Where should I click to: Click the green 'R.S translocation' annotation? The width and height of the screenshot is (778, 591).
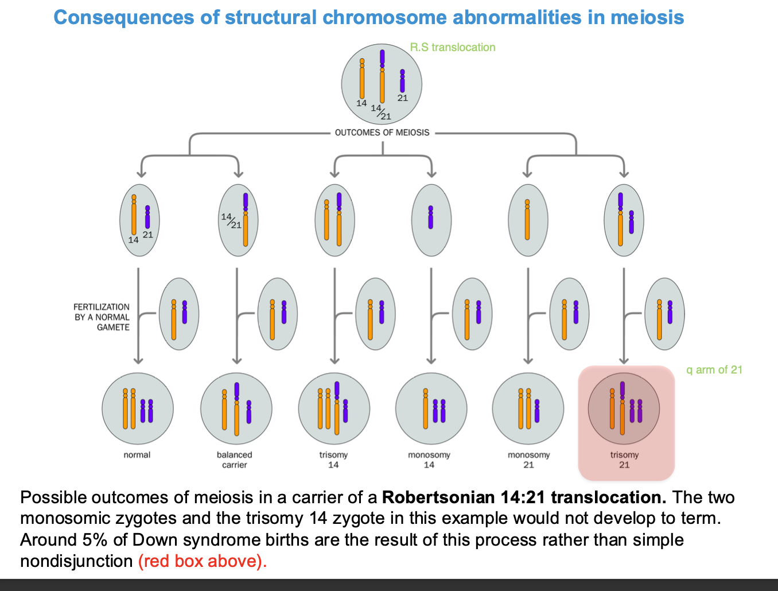click(452, 48)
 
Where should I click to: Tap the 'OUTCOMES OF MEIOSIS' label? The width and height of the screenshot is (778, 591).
click(382, 133)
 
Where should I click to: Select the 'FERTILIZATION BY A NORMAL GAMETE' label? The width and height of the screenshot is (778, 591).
click(102, 317)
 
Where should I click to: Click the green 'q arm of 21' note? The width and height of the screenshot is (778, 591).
click(714, 370)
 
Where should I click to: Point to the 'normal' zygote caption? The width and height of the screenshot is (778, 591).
click(137, 455)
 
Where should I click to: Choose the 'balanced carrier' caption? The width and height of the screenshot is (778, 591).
click(234, 460)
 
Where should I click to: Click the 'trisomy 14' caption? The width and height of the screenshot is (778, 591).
click(333, 460)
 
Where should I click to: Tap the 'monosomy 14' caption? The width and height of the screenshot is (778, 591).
click(429, 460)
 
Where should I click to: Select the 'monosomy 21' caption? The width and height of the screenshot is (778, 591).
click(528, 460)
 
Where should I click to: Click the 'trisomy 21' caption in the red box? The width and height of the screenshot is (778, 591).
click(624, 460)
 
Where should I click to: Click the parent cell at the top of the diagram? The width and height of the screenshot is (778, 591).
click(382, 84)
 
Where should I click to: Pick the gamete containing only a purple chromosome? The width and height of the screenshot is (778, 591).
click(431, 220)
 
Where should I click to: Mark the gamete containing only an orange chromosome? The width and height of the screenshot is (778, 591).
click(528, 220)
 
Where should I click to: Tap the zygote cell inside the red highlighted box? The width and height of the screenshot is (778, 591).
click(624, 409)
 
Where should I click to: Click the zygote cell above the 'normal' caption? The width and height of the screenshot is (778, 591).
click(137, 409)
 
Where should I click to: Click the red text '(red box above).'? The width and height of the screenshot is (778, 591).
click(203, 561)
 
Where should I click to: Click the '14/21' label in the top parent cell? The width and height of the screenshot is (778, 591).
click(380, 112)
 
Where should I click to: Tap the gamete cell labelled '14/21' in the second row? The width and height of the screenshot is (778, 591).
click(238, 220)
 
